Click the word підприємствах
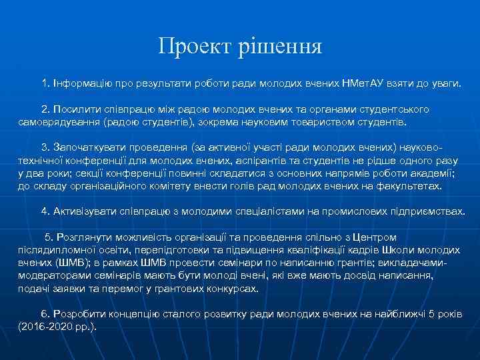427,211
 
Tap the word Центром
374,237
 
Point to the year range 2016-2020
45,326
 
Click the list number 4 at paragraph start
45,211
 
